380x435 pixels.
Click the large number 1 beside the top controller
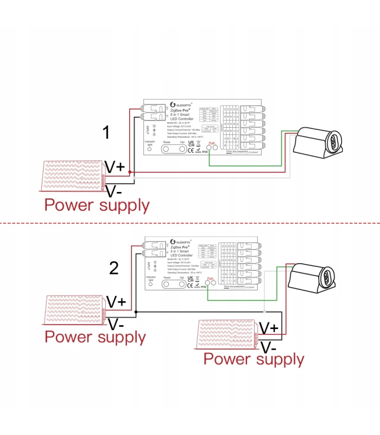click(107, 133)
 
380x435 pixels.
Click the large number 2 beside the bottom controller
click(114, 268)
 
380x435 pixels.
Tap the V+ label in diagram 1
click(116, 167)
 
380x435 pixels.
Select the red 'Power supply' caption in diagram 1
click(97, 205)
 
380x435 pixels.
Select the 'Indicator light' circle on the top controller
click(150, 151)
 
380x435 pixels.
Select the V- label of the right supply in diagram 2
click(269, 347)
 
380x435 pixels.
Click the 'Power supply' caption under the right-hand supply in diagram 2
click(254, 359)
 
